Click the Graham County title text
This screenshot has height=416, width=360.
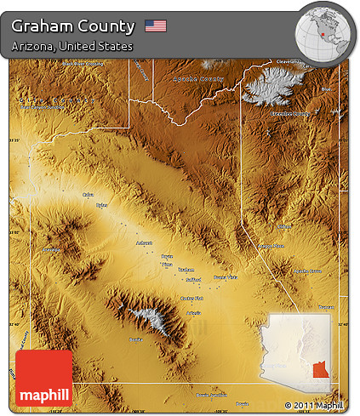[73, 26]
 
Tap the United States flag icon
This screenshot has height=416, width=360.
[156, 26]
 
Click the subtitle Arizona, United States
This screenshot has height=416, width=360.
[72, 46]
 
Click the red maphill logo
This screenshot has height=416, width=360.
[43, 378]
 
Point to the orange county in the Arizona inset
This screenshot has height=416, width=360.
[320, 369]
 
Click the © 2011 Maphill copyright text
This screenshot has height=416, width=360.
[317, 405]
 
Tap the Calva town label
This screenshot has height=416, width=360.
[88, 195]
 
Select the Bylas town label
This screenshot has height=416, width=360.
[102, 205]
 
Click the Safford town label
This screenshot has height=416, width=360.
[194, 279]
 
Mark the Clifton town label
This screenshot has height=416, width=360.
[283, 227]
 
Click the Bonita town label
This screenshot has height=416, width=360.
[135, 339]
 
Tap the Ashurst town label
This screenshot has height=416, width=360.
[143, 242]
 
